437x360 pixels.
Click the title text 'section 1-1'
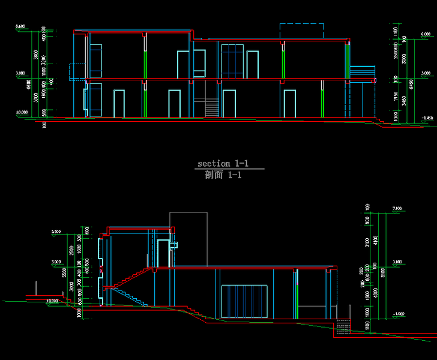[223, 163]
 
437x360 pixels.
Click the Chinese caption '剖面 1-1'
[223, 175]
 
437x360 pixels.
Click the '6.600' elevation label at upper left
[20, 27]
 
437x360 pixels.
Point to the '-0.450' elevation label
[427, 118]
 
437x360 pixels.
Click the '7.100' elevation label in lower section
[396, 208]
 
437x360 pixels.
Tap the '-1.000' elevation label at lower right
[397, 314]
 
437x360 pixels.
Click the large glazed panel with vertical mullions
[244, 301]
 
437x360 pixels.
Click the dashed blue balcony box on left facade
[76, 71]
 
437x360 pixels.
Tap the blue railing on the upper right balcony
[361, 71]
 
